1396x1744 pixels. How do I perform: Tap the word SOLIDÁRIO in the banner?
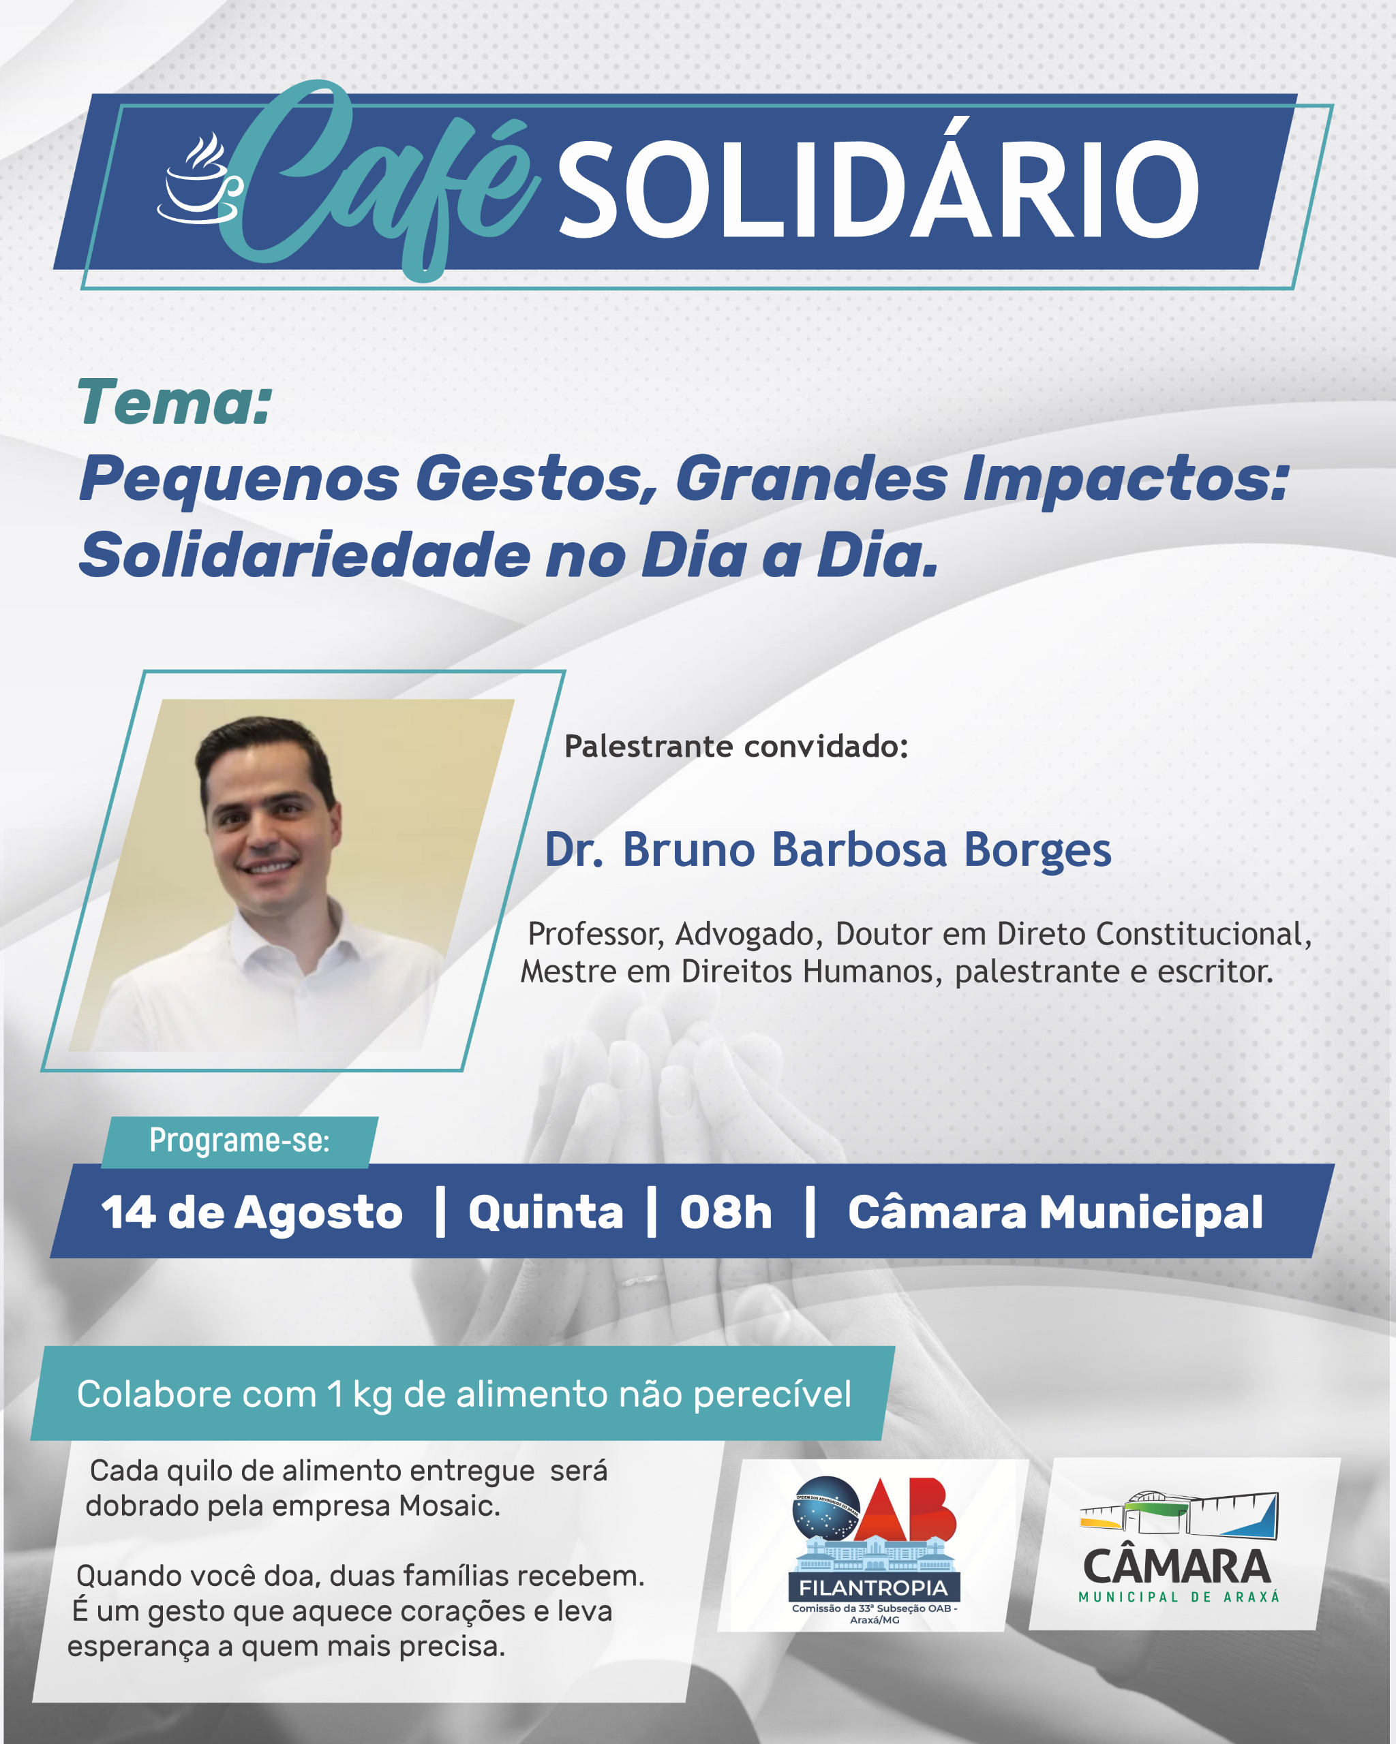(x=879, y=189)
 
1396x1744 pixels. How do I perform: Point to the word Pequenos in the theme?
(x=239, y=480)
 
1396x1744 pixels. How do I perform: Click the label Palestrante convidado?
(x=735, y=746)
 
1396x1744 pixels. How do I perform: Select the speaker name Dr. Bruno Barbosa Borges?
(x=828, y=850)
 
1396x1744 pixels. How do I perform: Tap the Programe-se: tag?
(x=239, y=1140)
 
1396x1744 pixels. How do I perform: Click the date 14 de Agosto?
(x=252, y=1213)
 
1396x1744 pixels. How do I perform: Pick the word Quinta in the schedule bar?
(x=545, y=1213)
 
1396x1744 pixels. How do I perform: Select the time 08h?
(x=726, y=1213)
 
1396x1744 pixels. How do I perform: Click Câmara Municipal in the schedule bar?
(x=1055, y=1213)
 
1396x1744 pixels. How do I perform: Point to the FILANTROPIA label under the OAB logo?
(x=873, y=1588)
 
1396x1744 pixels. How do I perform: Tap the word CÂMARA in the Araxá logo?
(x=1177, y=1568)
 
